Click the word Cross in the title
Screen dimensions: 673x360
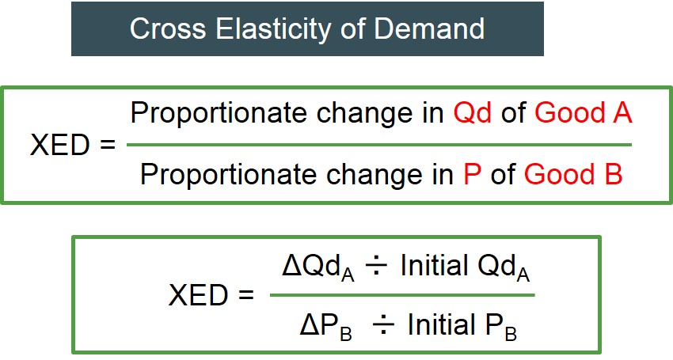pos(168,28)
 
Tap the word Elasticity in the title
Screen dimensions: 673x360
pos(273,29)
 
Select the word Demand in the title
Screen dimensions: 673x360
pos(429,28)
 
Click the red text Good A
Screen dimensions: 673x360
pos(584,113)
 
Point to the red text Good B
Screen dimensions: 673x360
pos(573,174)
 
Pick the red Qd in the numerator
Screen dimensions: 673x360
pos(473,113)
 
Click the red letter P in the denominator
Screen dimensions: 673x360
pos(472,174)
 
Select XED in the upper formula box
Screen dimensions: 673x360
pos(59,145)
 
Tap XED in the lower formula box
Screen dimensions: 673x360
pos(198,295)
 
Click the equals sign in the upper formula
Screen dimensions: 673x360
pos(108,145)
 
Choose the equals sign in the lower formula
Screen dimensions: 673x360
pos(246,295)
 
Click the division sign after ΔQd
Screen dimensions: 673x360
pos(376,266)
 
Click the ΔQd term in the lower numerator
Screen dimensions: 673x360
pos(318,267)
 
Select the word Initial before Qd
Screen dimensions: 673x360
pos(434,265)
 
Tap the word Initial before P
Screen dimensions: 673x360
pos(441,324)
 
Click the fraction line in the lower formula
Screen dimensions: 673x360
pos(402,295)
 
